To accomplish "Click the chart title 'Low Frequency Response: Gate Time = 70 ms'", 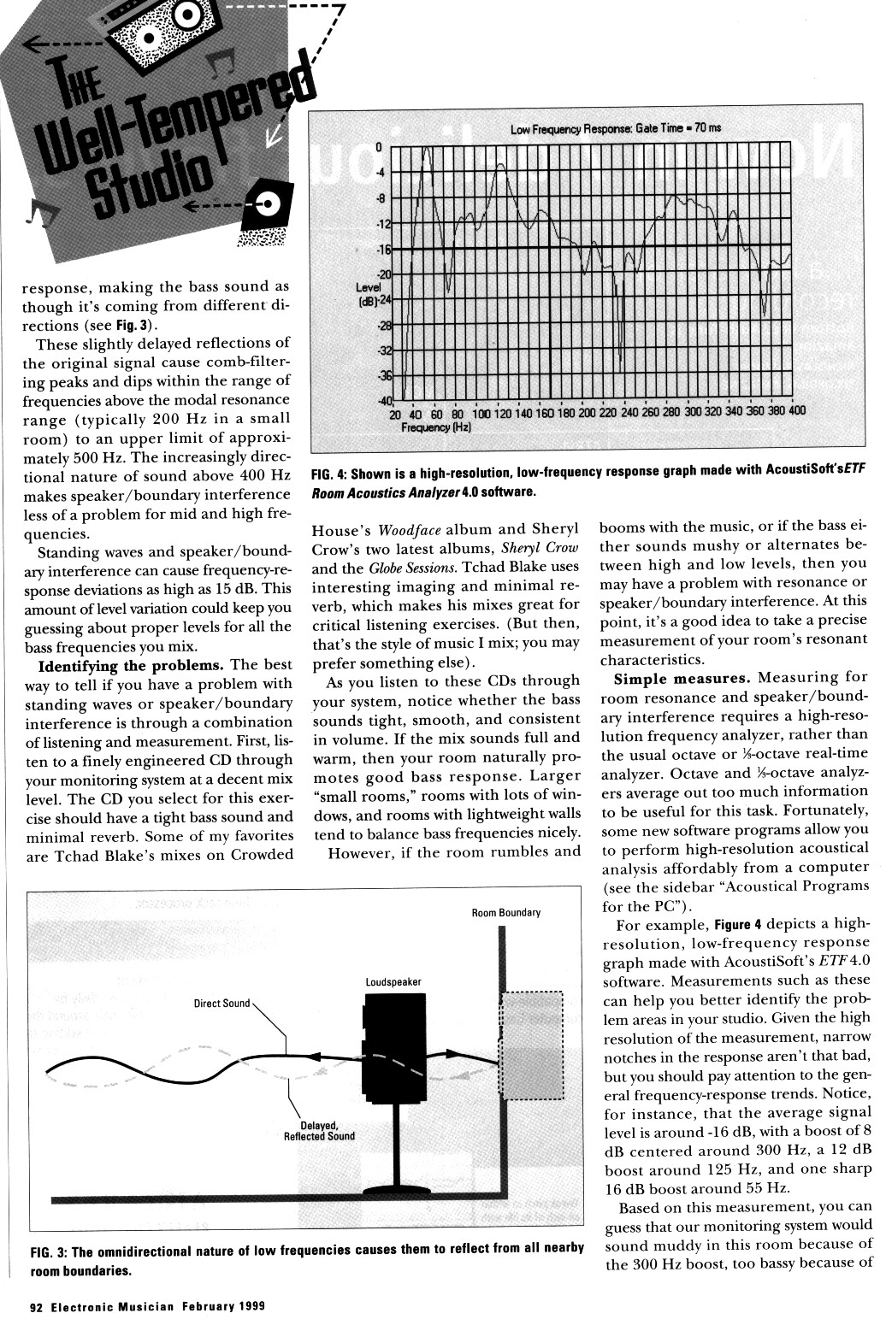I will [615, 129].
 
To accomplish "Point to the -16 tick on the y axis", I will [384, 250].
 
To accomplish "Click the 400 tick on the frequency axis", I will [796, 411].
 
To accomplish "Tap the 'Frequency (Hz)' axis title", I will [436, 426].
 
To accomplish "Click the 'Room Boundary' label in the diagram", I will [506, 913].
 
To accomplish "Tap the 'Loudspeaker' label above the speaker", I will [393, 982].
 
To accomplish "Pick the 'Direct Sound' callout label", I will [221, 1003].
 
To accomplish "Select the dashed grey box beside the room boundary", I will [531, 1045].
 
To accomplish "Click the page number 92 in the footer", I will [36, 1306].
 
